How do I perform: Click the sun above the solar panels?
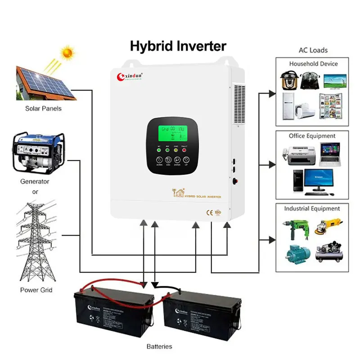(67, 53)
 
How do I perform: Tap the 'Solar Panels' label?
(44, 108)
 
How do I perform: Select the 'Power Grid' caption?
(36, 290)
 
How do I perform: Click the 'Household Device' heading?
(313, 64)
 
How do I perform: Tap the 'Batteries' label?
(159, 346)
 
